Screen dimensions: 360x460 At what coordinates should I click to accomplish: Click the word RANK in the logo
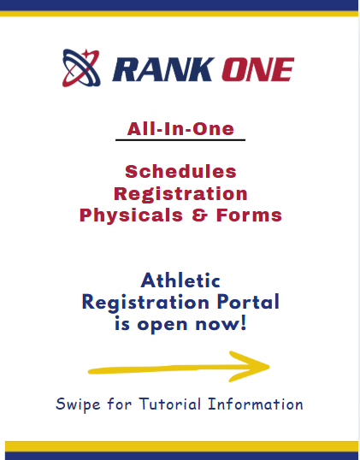pyautogui.click(x=163, y=69)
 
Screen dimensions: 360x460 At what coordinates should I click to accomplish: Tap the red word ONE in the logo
pyautogui.click(x=258, y=69)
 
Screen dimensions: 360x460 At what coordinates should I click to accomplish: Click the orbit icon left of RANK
pyautogui.click(x=81, y=68)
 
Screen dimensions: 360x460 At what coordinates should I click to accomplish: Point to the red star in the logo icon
pyautogui.click(x=87, y=54)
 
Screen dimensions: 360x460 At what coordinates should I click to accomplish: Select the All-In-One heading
pyautogui.click(x=180, y=129)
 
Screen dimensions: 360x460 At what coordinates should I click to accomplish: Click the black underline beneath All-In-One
pyautogui.click(x=180, y=140)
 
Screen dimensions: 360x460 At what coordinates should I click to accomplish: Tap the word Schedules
pyautogui.click(x=180, y=171)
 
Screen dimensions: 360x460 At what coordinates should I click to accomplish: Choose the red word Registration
pyautogui.click(x=180, y=194)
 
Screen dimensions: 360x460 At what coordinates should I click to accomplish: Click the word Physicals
pyautogui.click(x=131, y=215)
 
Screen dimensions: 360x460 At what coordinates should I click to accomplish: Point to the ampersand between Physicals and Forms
pyautogui.click(x=200, y=215)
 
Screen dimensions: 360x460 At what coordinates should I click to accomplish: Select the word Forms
pyautogui.click(x=249, y=215)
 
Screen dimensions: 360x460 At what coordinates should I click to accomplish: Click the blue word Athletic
pyautogui.click(x=180, y=280)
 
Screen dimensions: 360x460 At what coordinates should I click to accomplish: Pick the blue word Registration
pyautogui.click(x=145, y=303)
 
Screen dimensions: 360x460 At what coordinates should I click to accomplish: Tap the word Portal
pyautogui.click(x=248, y=302)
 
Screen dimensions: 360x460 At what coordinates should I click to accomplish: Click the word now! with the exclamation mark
pyautogui.click(x=221, y=324)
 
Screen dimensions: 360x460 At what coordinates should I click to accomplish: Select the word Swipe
pyautogui.click(x=78, y=404)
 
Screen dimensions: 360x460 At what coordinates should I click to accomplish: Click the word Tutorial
pyautogui.click(x=169, y=404)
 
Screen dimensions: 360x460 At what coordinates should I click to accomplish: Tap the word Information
pyautogui.click(x=256, y=404)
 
